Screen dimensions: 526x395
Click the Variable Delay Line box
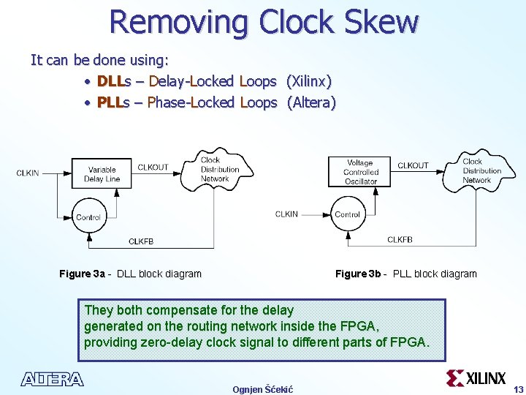pos(102,174)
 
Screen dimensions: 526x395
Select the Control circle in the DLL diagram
pos(88,217)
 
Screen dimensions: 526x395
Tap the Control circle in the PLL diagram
pos(347,214)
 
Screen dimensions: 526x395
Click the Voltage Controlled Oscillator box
pos(360,173)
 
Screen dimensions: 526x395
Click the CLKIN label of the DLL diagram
pos(28,173)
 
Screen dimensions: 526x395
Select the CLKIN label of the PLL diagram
pos(286,214)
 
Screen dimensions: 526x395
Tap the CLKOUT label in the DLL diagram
pos(153,167)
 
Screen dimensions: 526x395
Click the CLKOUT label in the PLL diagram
pos(413,165)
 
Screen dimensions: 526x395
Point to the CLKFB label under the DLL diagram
pos(141,241)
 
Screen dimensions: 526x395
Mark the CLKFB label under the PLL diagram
pos(400,240)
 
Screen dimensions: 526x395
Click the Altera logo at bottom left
pos(53,379)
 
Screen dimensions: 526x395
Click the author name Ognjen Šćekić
pos(262,389)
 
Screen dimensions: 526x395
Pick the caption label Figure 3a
pos(82,274)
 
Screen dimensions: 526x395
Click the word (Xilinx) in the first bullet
pos(310,81)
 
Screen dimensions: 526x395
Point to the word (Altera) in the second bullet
pos(311,102)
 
